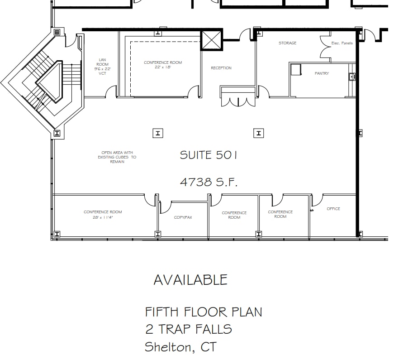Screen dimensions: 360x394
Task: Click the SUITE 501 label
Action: point(208,155)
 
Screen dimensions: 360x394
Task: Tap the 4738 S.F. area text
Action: point(208,182)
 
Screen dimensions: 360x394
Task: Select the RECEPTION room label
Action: point(221,68)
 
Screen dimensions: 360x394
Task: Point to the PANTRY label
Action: point(322,73)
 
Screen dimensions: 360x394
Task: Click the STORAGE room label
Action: point(287,43)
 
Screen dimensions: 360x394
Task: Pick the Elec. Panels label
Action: point(342,43)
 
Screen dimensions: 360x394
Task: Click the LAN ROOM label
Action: point(102,66)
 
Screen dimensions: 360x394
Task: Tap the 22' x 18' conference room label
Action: point(163,65)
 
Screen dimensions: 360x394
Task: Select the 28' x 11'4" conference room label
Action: point(103,214)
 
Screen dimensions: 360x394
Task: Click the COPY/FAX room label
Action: point(183,217)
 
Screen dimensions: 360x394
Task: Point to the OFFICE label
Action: point(333,209)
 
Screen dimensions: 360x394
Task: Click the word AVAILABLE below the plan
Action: point(190,280)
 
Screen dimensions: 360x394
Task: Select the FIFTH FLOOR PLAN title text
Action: point(203,312)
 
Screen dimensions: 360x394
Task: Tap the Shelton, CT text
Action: point(180,347)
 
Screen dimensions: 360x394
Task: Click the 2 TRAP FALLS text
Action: point(188,329)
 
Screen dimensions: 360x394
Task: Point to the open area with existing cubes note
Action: point(117,157)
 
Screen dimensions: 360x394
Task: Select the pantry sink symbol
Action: point(352,77)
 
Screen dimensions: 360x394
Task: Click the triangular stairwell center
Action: point(48,82)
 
